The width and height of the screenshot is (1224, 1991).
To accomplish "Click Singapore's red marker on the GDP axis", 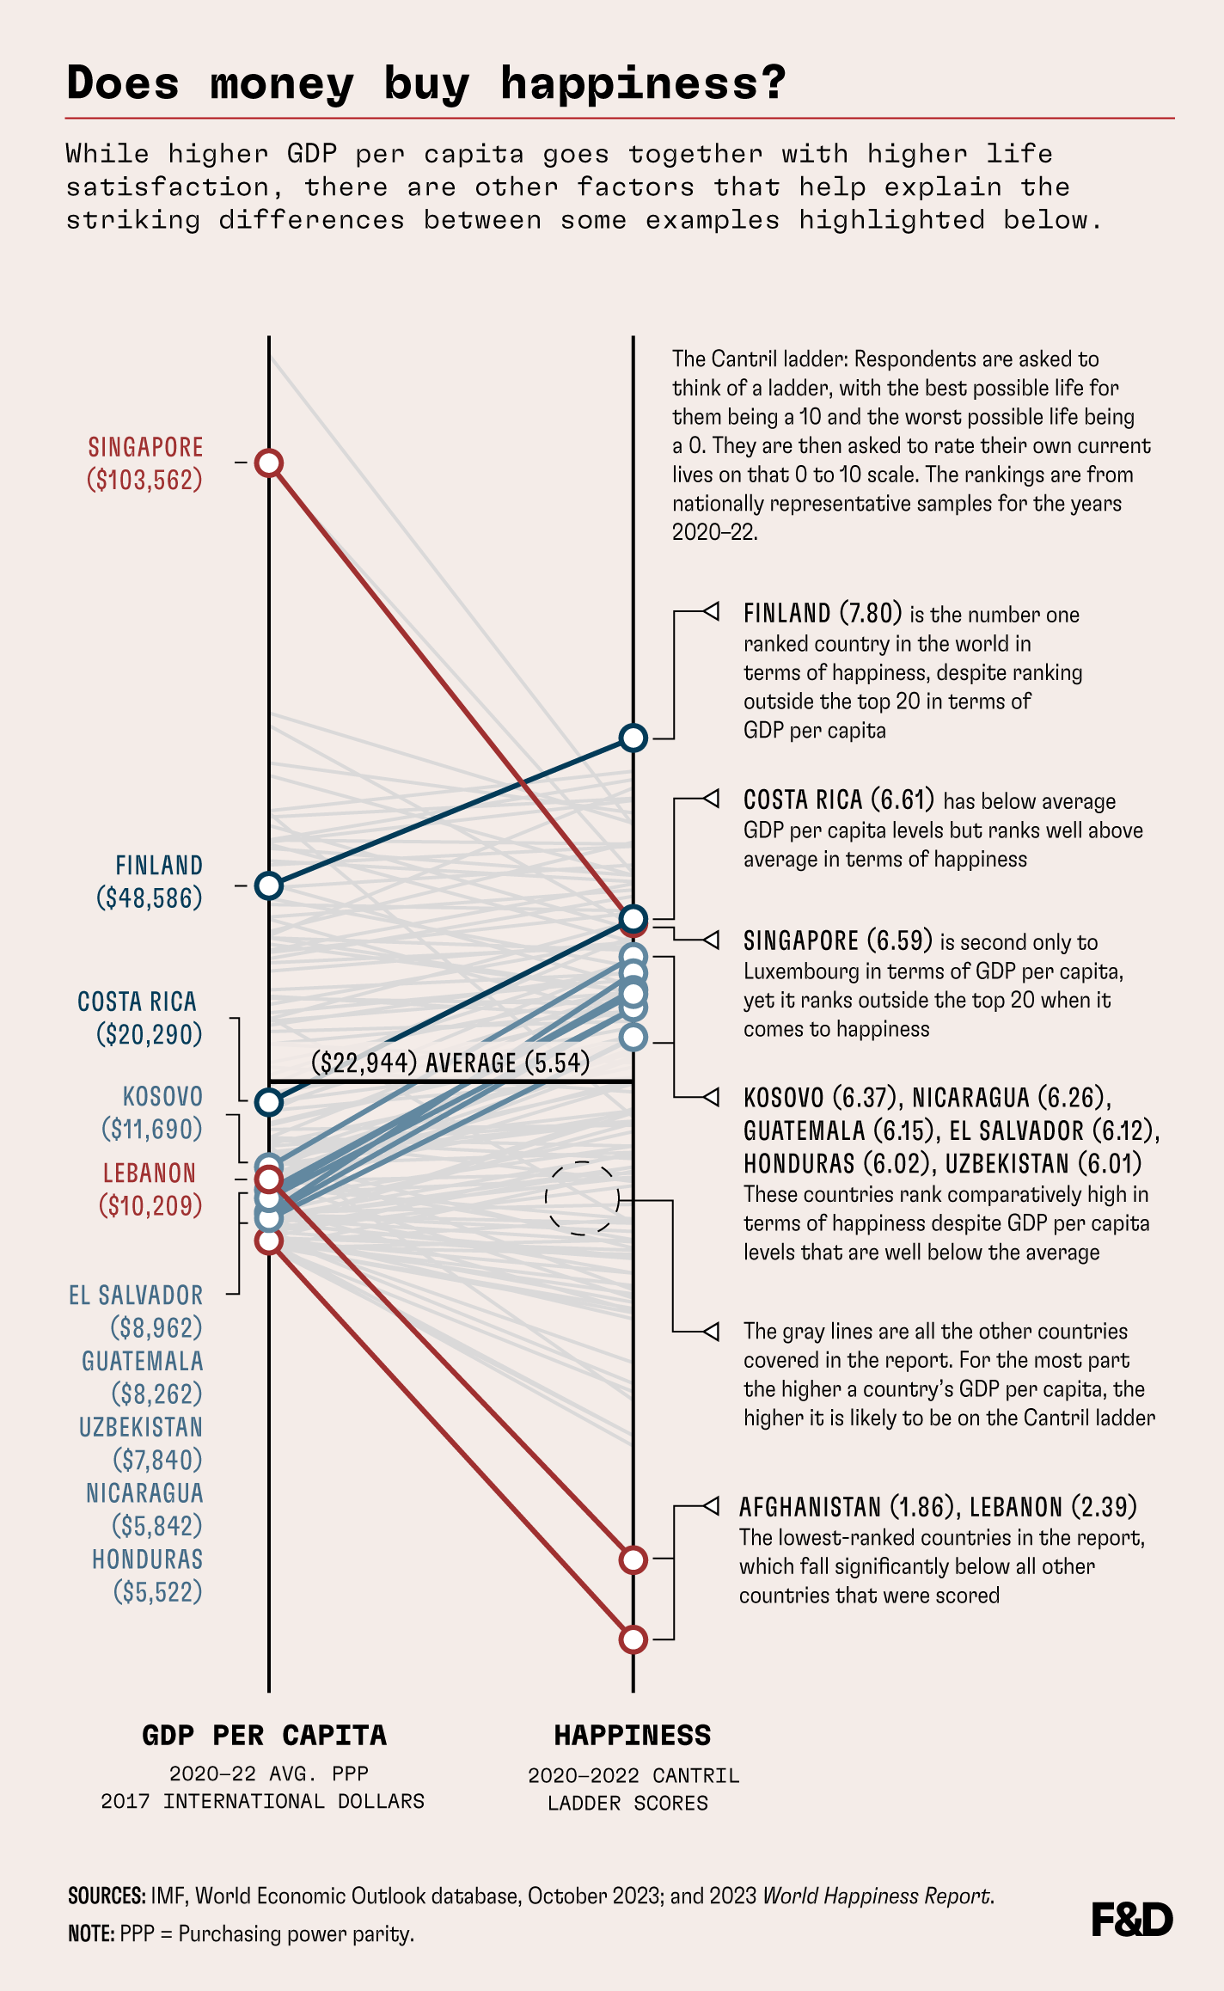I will click(269, 463).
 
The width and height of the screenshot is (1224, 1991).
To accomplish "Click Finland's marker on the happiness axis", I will click(633, 738).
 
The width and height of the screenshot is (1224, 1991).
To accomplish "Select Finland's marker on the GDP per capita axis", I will click(269, 885).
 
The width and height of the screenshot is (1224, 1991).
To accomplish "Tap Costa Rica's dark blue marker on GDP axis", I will click(269, 1102).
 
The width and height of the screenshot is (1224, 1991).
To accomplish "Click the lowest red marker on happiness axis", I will click(633, 1639).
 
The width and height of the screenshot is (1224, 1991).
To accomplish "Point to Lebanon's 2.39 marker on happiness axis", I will click(633, 1559).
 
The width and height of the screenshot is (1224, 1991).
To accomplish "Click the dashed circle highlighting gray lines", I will click(582, 1198).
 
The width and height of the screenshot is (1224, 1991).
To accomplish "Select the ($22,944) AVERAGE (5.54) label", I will click(450, 1063).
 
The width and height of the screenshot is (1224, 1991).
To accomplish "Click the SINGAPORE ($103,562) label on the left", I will click(145, 463).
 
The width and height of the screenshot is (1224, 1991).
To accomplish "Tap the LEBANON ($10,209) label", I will click(150, 1189).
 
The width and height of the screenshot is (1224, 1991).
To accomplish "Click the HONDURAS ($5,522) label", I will click(148, 1575).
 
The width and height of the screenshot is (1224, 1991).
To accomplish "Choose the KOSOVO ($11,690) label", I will click(153, 1112).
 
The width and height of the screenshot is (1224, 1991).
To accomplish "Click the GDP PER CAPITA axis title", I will click(264, 1736).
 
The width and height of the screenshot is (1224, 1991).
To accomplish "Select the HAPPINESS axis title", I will click(633, 1736).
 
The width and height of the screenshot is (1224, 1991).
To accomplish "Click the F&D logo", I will click(1131, 1920).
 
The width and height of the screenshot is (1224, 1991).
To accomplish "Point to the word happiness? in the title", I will click(643, 83).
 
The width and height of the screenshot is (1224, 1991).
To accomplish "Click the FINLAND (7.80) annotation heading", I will click(822, 614).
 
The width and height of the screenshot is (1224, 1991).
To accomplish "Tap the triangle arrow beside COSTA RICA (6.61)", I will click(711, 799).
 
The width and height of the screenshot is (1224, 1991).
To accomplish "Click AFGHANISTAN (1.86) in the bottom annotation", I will click(848, 1507).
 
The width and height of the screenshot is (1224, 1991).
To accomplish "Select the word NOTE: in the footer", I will click(91, 1934).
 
